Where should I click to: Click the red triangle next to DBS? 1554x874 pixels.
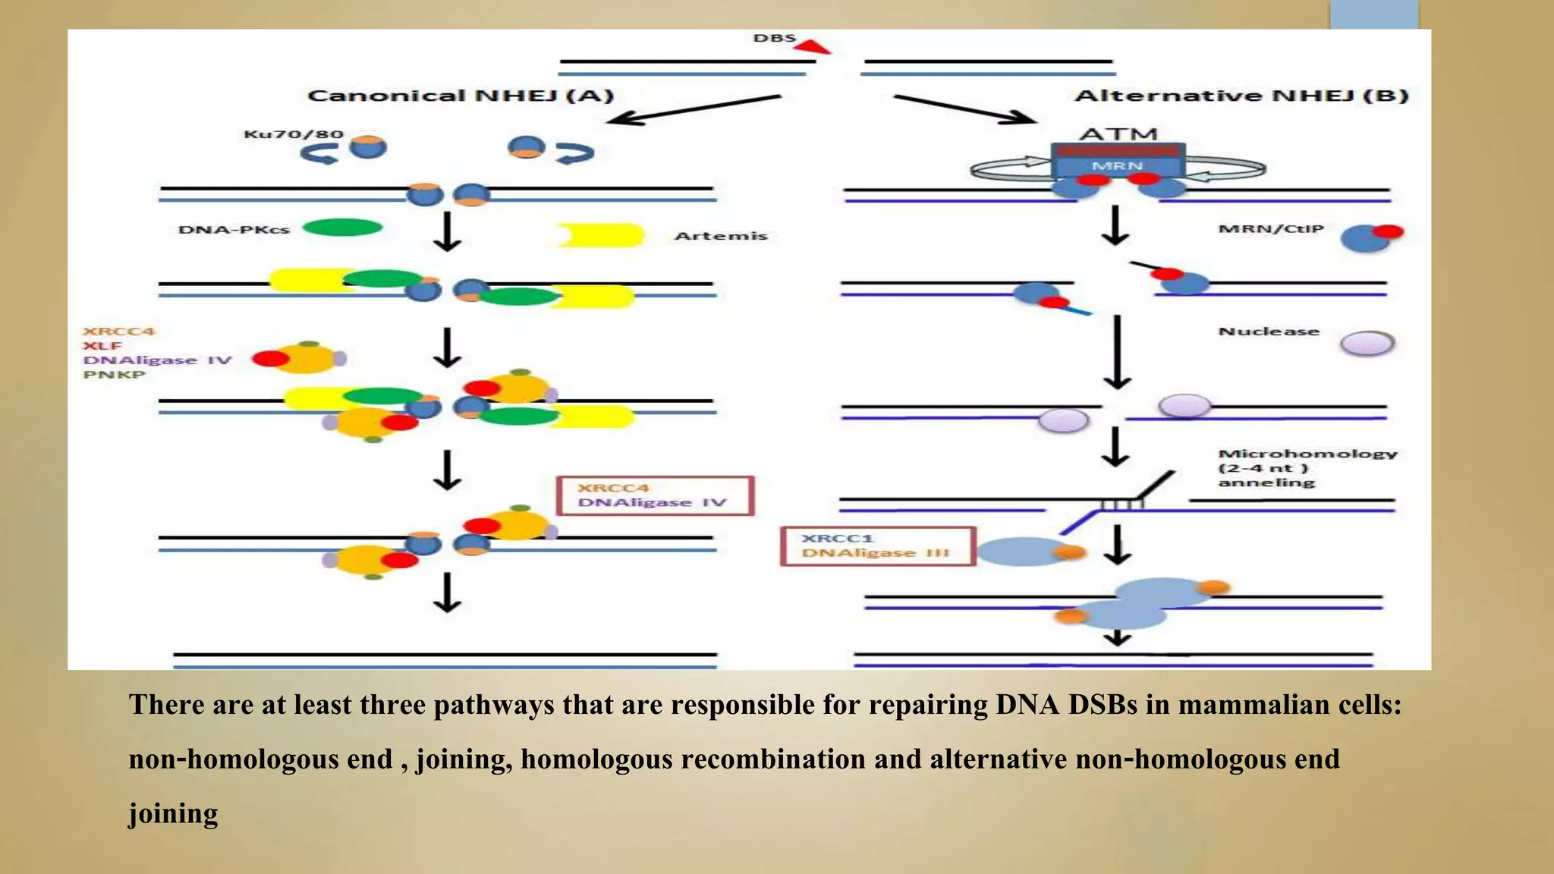tap(813, 47)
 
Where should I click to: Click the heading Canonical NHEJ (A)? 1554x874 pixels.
tap(460, 96)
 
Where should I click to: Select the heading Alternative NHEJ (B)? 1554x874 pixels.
tap(1241, 96)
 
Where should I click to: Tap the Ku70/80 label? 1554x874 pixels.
tap(293, 134)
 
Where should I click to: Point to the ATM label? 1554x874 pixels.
tap(1118, 134)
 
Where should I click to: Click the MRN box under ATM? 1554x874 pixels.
tap(1117, 165)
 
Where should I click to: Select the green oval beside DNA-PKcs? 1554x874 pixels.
tap(342, 227)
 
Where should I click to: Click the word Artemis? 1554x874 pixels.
tap(721, 236)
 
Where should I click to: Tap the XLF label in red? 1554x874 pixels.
tap(102, 345)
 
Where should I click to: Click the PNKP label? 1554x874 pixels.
tap(114, 374)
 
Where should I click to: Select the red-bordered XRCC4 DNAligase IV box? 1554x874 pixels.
tap(655, 495)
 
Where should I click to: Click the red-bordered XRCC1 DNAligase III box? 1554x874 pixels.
tap(877, 545)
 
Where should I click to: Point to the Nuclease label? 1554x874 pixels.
tap(1269, 332)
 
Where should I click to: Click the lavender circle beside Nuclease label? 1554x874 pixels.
tap(1367, 344)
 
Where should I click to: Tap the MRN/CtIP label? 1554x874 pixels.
tap(1271, 228)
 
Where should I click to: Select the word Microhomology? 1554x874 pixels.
tap(1307, 454)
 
